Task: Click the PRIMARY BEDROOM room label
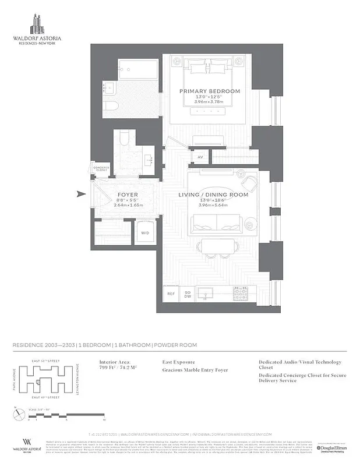209,91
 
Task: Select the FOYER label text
128,195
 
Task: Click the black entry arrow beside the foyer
81,195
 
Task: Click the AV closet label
200,157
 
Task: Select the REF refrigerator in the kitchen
171,294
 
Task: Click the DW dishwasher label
188,298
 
